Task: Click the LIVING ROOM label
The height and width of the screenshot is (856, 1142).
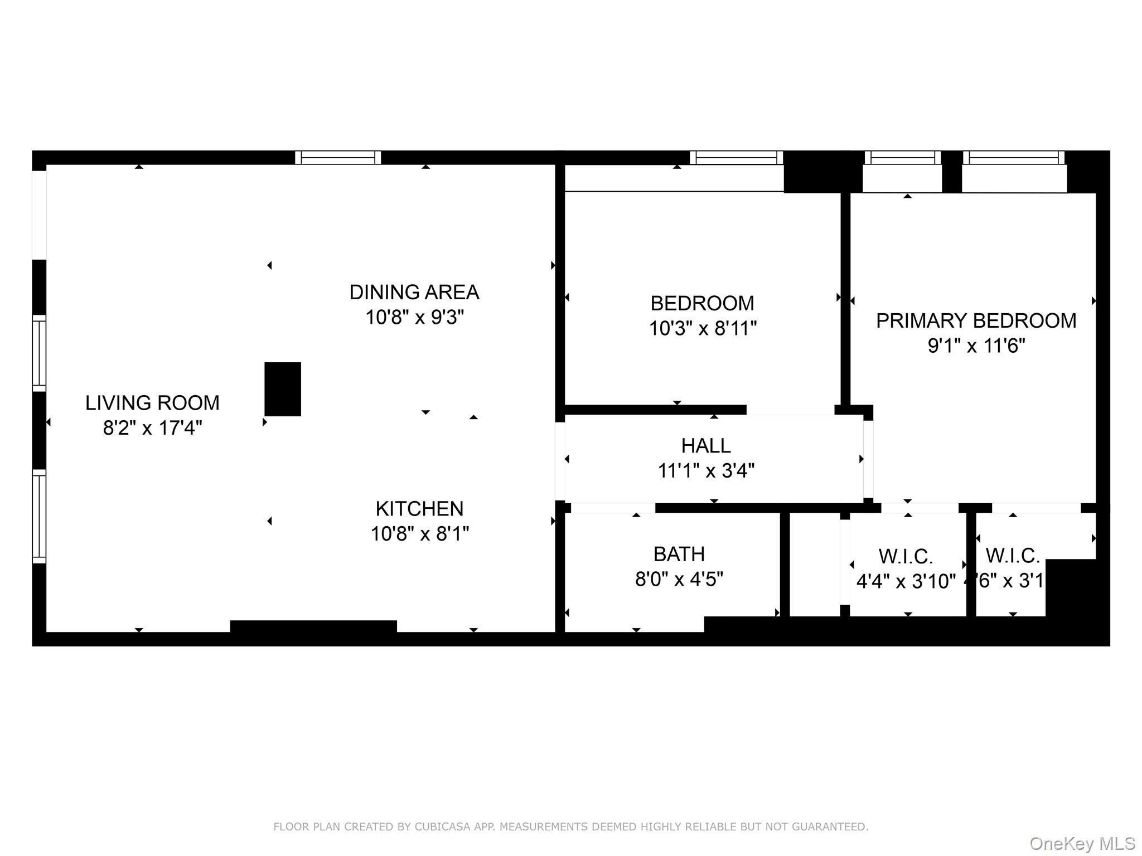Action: (152, 402)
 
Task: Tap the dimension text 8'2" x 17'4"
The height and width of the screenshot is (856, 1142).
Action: (152, 428)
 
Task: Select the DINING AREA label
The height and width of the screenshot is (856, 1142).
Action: (414, 292)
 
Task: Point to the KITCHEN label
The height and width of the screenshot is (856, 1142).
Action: (419, 508)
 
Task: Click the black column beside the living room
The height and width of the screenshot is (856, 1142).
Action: (283, 389)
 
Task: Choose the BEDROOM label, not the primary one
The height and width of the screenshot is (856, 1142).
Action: (702, 303)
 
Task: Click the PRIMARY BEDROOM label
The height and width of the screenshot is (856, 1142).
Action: (976, 320)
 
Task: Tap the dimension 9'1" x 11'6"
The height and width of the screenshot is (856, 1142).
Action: (976, 346)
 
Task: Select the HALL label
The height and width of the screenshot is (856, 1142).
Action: (706, 445)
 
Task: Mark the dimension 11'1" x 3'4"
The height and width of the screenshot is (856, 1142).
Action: (706, 471)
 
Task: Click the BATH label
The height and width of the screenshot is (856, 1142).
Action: (679, 554)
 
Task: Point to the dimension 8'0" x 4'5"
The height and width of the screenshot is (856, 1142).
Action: (679, 580)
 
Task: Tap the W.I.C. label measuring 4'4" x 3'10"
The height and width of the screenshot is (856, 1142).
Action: (906, 556)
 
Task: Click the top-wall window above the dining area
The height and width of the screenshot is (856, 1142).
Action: (338, 158)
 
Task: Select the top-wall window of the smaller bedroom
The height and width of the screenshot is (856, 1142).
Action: (736, 158)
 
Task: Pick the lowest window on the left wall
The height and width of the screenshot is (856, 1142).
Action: (39, 516)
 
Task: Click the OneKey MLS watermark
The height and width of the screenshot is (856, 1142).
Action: (1082, 843)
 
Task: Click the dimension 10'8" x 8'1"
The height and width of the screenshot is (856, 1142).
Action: (419, 534)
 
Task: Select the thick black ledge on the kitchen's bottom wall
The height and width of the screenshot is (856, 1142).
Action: (313, 626)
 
